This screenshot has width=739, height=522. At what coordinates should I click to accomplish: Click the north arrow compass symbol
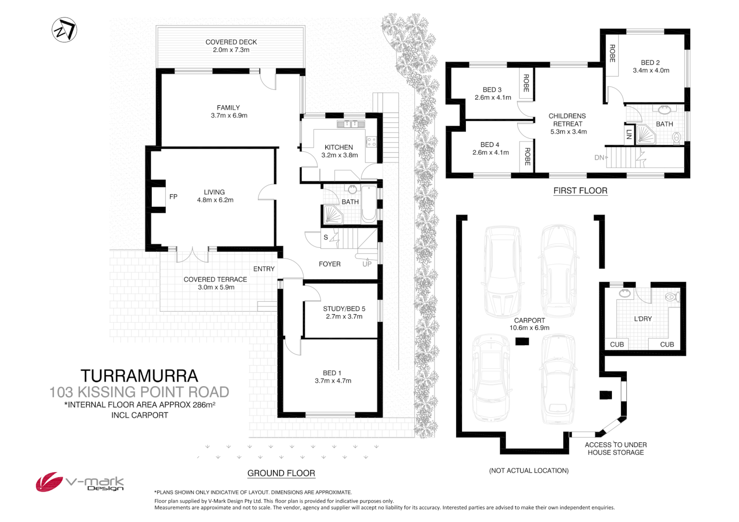click(x=64, y=30)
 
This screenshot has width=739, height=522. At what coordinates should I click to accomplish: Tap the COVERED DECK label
click(x=231, y=43)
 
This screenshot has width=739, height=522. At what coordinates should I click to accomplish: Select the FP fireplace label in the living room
click(x=173, y=197)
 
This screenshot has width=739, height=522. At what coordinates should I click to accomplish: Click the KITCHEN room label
click(x=338, y=147)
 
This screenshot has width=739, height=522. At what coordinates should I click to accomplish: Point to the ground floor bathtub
click(x=369, y=203)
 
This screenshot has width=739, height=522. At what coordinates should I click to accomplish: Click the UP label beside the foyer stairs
click(x=367, y=264)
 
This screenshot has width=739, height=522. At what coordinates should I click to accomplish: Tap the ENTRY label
click(x=264, y=269)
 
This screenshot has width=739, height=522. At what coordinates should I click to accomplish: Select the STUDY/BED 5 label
click(x=344, y=309)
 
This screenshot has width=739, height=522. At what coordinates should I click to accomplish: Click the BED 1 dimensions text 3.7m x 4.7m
click(x=333, y=381)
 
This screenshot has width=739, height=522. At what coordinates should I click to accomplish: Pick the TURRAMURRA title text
click(x=139, y=376)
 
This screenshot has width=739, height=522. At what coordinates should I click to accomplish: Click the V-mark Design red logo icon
click(x=49, y=482)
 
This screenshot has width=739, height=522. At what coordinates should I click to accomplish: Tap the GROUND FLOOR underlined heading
click(x=281, y=473)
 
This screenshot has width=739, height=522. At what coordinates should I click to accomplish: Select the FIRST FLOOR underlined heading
click(x=580, y=190)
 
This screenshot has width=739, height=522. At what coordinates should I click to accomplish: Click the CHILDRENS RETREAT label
click(x=567, y=120)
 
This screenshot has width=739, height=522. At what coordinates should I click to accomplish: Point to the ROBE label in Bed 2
click(x=612, y=53)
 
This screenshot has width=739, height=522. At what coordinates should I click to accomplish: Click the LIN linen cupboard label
click(x=629, y=134)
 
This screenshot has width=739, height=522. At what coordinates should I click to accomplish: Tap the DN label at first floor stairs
click(x=600, y=158)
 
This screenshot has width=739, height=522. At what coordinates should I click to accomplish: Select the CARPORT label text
click(x=529, y=320)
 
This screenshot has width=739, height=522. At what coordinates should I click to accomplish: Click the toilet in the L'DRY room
click(x=671, y=296)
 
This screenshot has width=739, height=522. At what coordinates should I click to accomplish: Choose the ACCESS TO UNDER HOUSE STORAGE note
click(x=615, y=449)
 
